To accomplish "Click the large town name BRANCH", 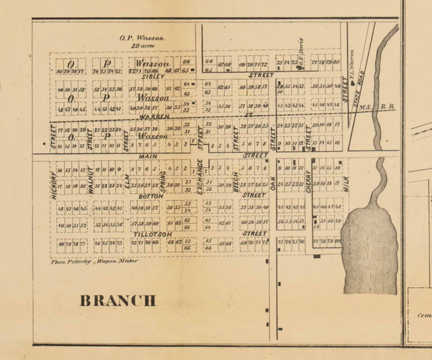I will coord(117,300).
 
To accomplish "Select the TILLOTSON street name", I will coord(152,235).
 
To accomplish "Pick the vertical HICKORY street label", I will coord(53,184).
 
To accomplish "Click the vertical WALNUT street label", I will coord(91,182).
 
